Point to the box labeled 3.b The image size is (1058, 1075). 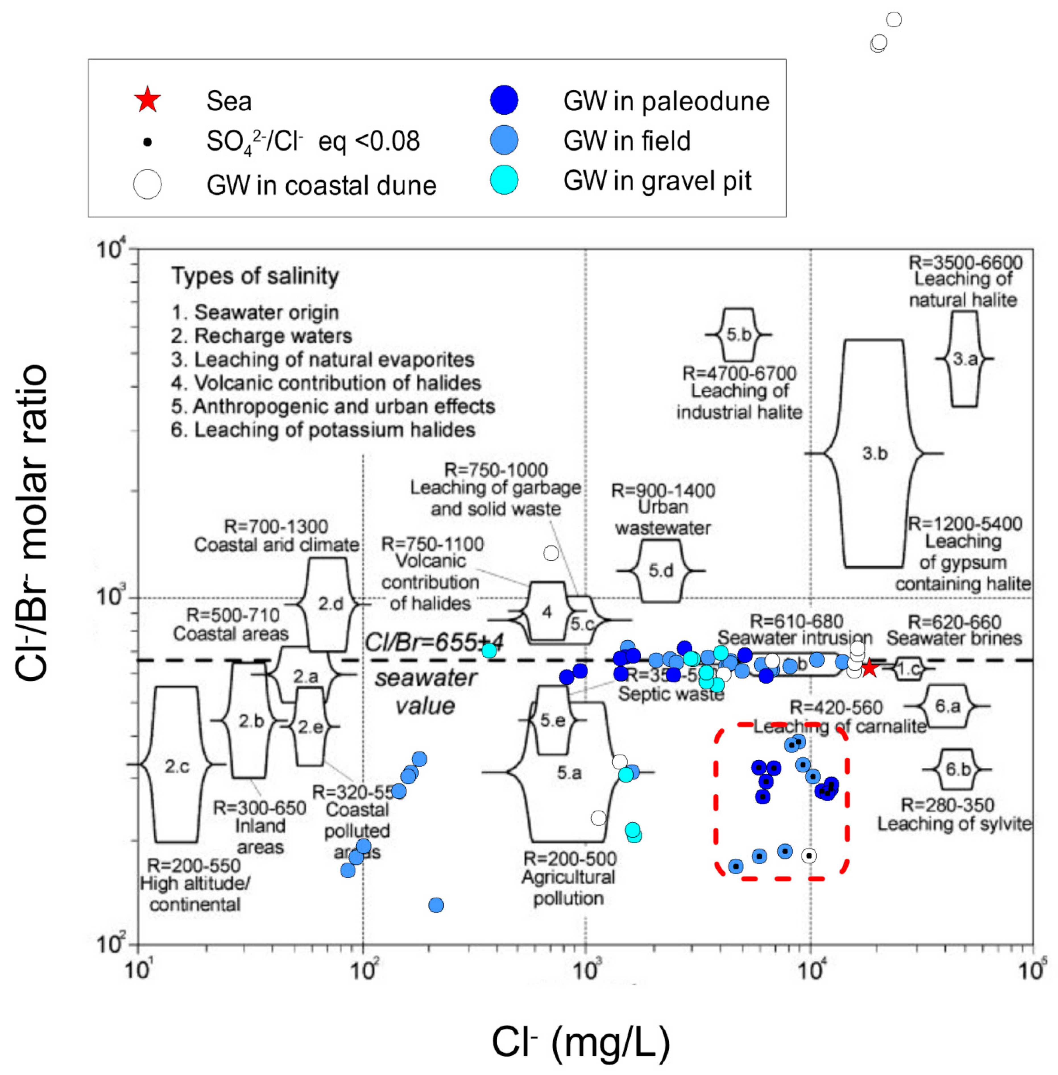(874, 453)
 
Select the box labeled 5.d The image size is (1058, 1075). (661, 571)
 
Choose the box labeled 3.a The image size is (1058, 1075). (965, 359)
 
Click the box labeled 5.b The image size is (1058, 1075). (738, 334)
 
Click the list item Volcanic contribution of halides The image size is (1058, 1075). (326, 383)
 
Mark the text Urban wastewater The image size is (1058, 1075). (662, 517)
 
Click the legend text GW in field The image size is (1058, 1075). (626, 140)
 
